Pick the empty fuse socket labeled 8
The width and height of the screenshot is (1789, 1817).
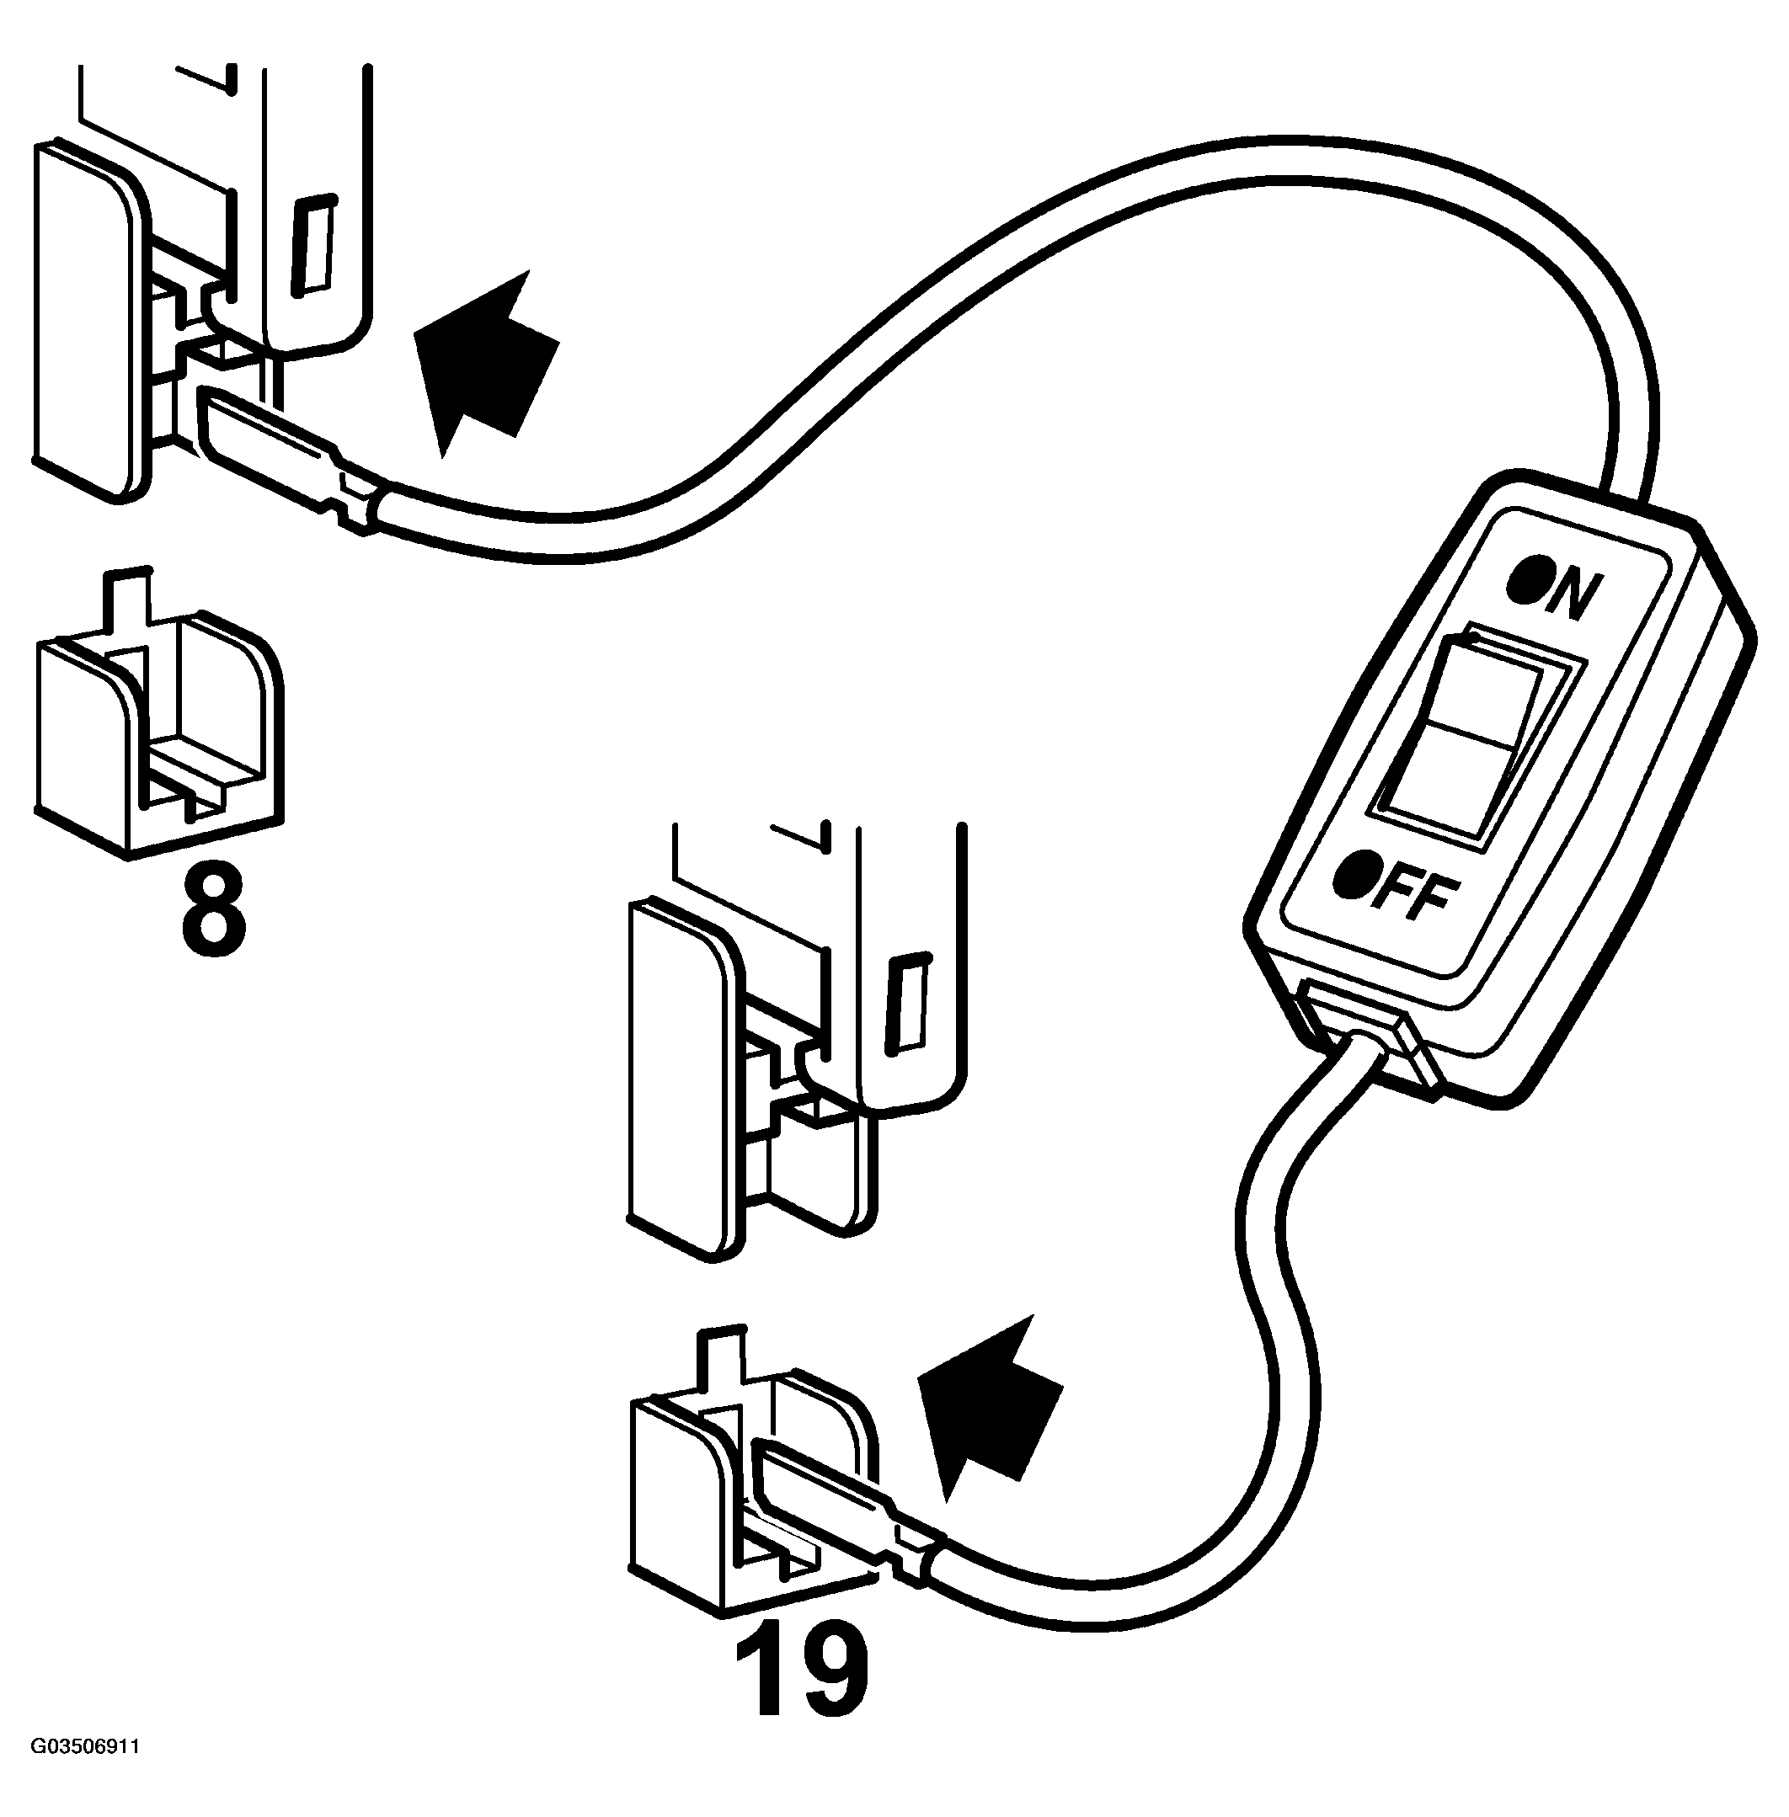click(x=160, y=733)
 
